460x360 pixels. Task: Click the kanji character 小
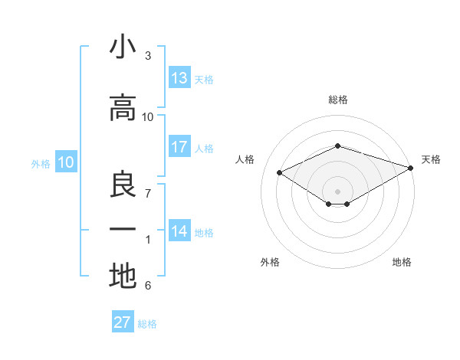pos(123,47)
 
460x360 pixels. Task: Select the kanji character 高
pos(123,109)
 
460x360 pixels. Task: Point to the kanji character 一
pos(123,231)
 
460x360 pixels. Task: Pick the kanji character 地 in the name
pos(123,277)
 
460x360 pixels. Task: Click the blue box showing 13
pos(179,78)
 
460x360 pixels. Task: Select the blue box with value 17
pos(179,147)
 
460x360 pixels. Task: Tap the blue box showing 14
pos(179,231)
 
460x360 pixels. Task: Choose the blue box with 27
pos(123,322)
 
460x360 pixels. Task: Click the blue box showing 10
pos(66,162)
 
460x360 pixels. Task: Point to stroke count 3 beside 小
pos(148,56)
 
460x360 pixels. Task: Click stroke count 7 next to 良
pos(148,194)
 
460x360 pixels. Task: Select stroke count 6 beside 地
pos(148,286)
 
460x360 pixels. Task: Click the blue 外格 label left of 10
pos(40,163)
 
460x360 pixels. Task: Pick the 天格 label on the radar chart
pos(431,159)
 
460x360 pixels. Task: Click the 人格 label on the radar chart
pos(245,159)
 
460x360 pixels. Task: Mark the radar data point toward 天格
pos(412,166)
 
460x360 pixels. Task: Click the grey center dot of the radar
pos(337,190)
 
